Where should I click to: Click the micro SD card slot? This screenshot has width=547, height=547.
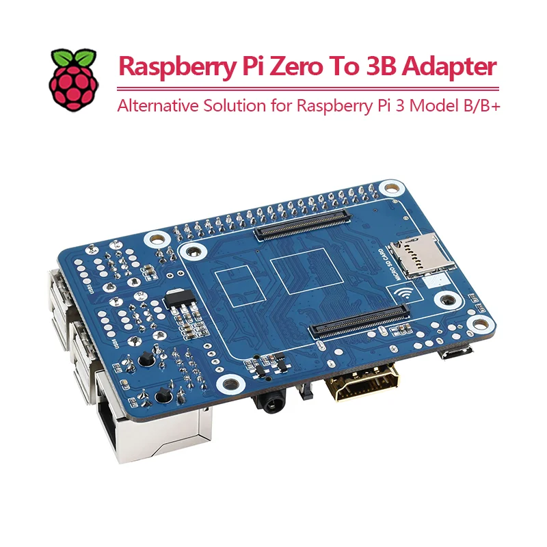tap(417, 253)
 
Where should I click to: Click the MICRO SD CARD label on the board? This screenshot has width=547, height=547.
tap(395, 266)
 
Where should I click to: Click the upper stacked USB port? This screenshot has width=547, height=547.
tap(58, 291)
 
